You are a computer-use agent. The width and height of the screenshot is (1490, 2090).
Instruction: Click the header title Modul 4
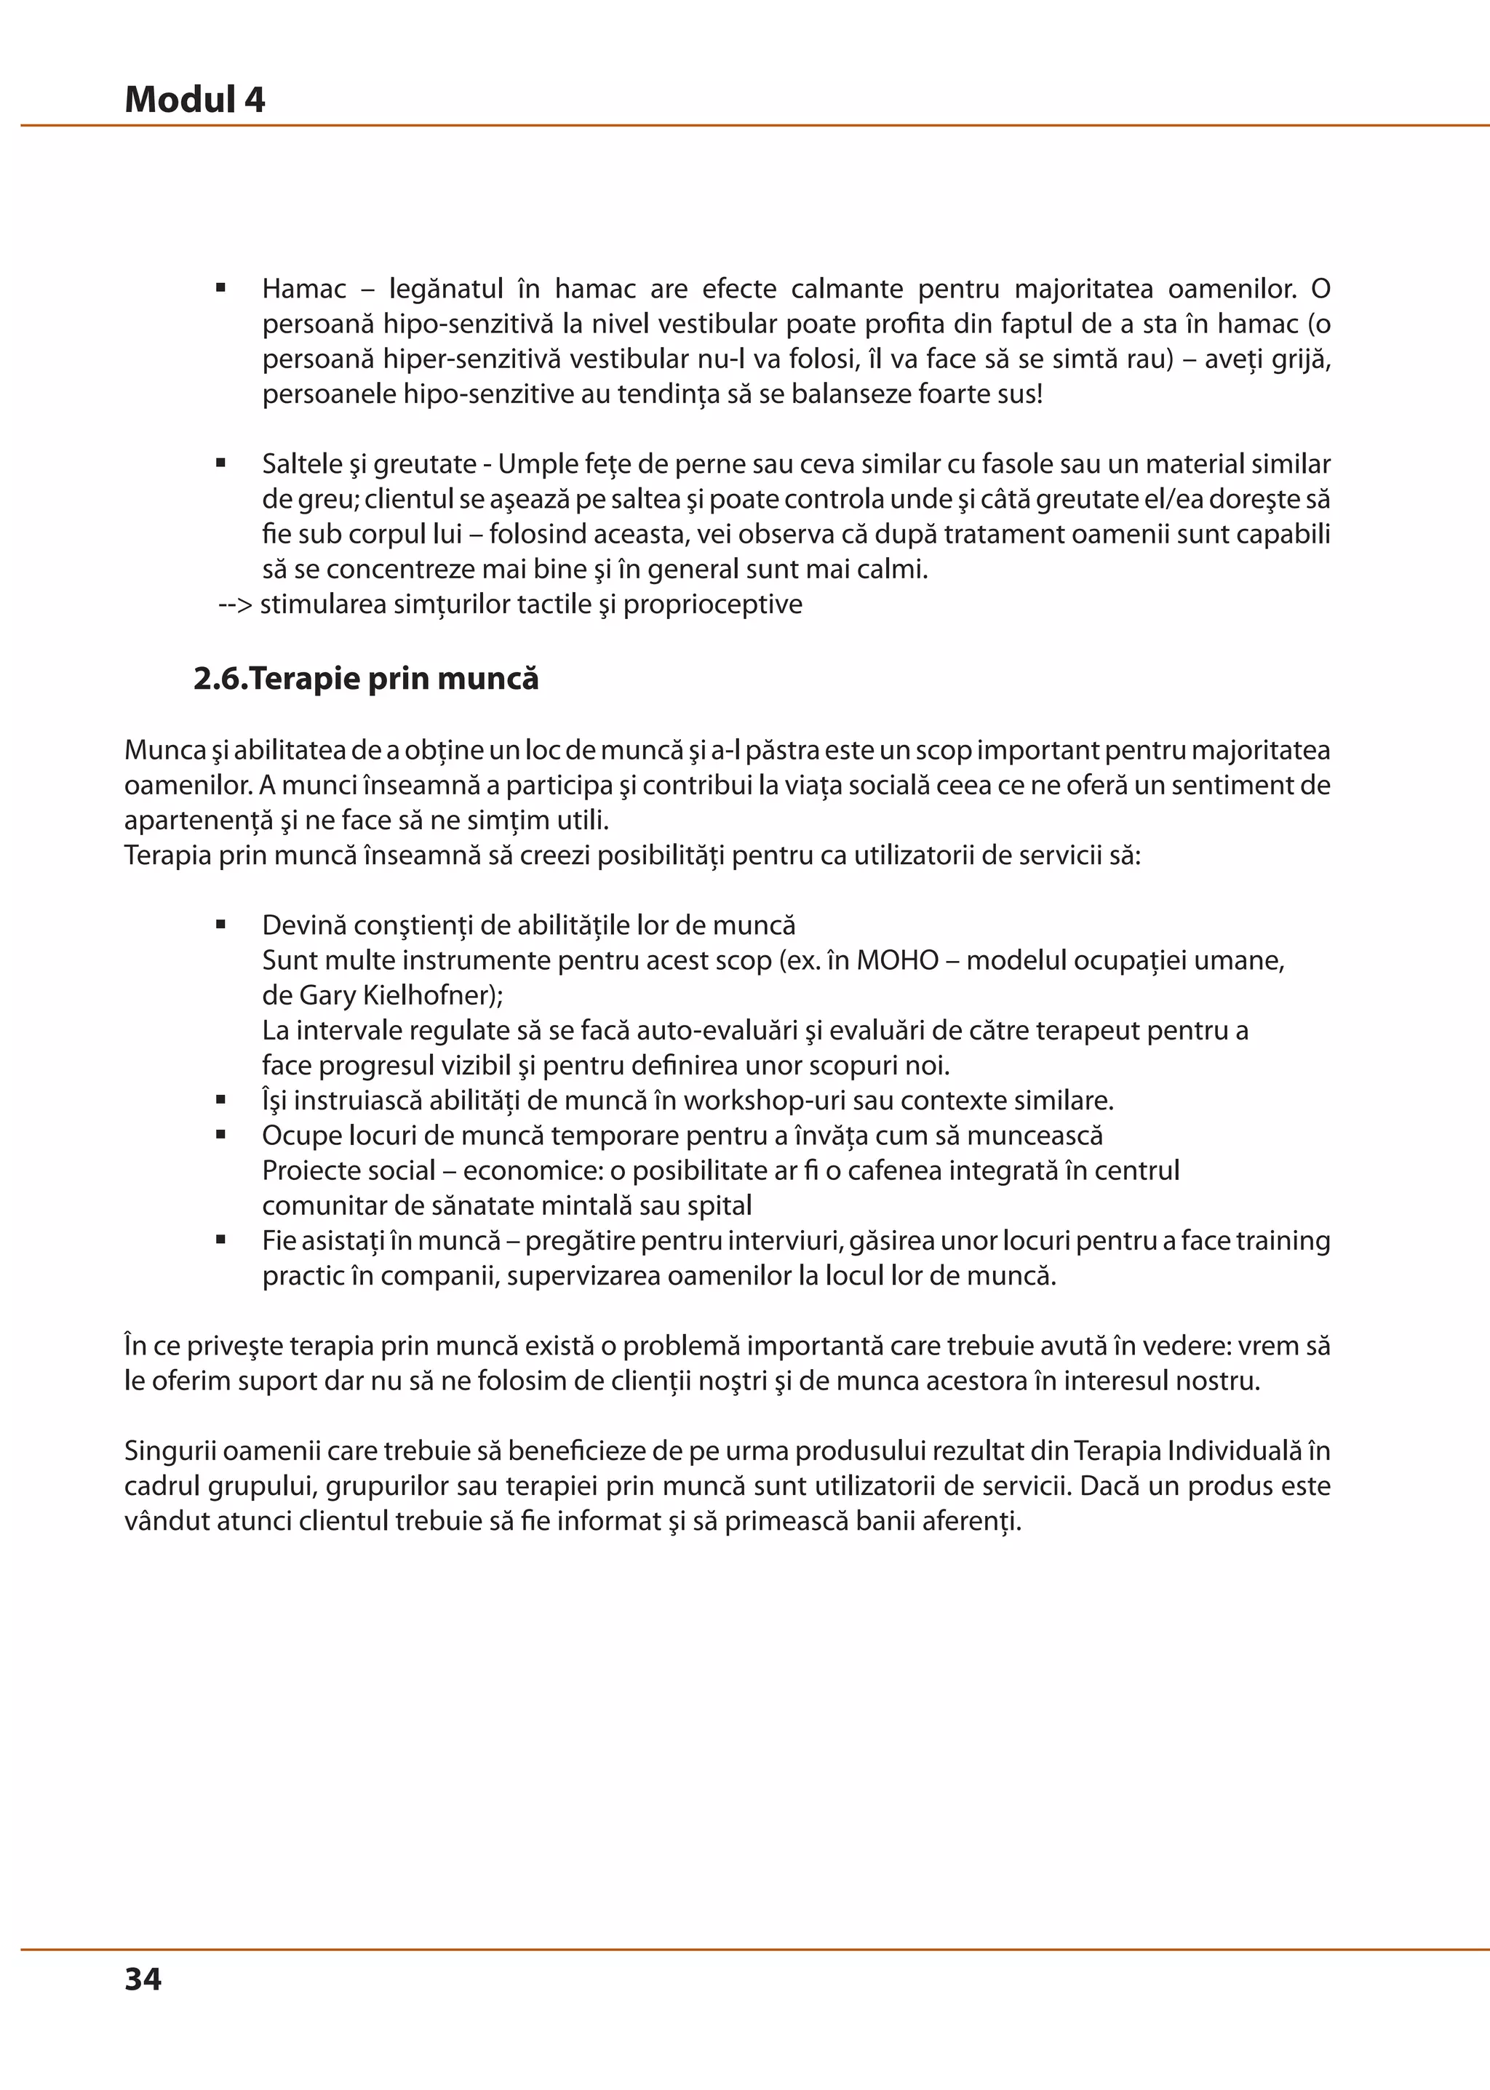(x=194, y=99)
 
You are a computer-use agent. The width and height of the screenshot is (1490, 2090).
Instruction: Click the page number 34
(x=143, y=1978)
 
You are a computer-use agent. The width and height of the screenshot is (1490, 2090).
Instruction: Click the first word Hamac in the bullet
(x=303, y=289)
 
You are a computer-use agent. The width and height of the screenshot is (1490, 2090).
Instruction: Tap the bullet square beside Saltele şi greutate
(x=221, y=464)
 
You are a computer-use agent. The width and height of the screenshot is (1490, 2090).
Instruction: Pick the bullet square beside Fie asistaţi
(x=221, y=1240)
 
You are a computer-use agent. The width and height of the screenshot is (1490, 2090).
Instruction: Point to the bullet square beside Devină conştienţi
(x=221, y=925)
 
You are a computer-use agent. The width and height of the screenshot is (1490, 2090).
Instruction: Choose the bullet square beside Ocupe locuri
(x=221, y=1135)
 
